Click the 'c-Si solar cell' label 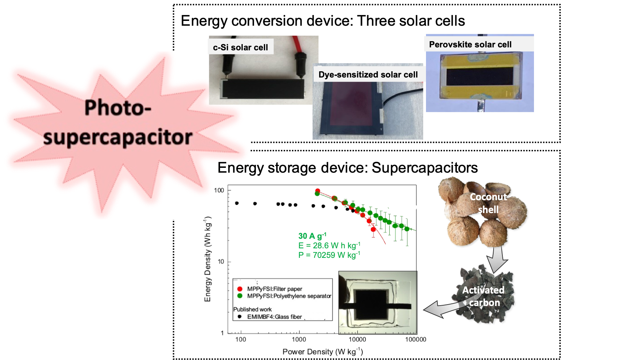(241, 47)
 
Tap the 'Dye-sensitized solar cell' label (368, 75)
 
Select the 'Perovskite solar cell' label (470, 44)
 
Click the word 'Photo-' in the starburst (118, 108)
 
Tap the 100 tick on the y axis (219, 190)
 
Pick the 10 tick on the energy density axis (221, 262)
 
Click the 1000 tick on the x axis (299, 339)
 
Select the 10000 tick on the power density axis (357, 339)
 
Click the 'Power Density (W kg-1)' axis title (323, 352)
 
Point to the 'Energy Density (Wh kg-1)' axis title (208, 259)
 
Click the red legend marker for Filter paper (240, 289)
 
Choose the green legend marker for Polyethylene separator (240, 296)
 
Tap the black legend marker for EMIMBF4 (240, 317)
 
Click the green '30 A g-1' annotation (312, 236)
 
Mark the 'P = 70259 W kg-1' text (329, 255)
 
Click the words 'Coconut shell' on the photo (488, 203)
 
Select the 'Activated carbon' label (483, 296)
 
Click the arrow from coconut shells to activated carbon (497, 259)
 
